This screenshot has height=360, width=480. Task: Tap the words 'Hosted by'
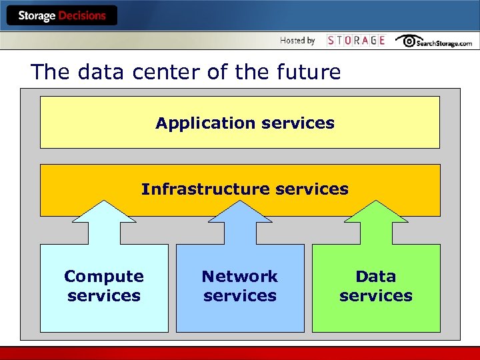pos(297,41)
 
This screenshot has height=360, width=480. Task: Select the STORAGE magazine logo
pos(356,41)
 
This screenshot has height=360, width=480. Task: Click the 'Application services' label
pos(245,123)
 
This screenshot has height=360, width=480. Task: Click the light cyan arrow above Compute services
pos(104,221)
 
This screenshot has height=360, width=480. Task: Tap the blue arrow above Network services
pos(240,221)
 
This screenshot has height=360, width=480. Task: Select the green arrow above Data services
pos(376,221)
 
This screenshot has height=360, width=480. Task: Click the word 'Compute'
pos(104,276)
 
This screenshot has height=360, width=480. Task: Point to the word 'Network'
pos(240,276)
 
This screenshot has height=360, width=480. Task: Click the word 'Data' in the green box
pos(376,276)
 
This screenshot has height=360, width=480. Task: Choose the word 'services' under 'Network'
pos(240,295)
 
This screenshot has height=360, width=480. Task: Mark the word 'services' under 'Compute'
pos(104,295)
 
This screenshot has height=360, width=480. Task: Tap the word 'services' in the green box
pos(376,295)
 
